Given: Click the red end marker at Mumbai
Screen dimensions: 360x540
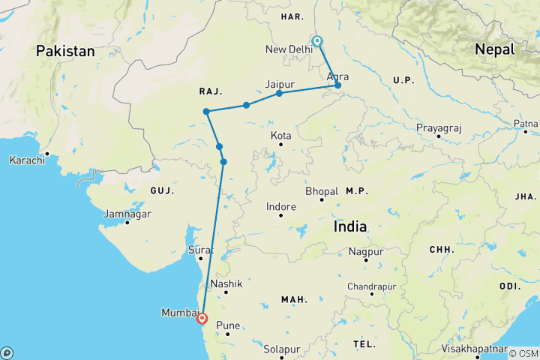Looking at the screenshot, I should tap(202, 318).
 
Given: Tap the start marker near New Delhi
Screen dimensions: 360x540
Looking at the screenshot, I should tap(317, 41).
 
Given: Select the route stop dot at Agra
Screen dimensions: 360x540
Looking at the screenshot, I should tap(338, 85).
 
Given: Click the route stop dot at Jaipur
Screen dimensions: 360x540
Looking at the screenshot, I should tap(279, 93).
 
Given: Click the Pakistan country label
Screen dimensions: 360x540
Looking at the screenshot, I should tap(66, 51).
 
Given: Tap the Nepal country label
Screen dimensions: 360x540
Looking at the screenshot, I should tap(494, 49).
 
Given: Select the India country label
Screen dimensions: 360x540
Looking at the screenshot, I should tap(349, 226).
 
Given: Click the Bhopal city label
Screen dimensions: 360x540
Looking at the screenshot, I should tap(322, 191).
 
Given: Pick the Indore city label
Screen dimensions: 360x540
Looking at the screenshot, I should tap(281, 206).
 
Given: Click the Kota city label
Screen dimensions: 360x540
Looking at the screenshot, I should tap(281, 136).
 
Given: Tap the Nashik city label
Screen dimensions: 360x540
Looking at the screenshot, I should tap(225, 283).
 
